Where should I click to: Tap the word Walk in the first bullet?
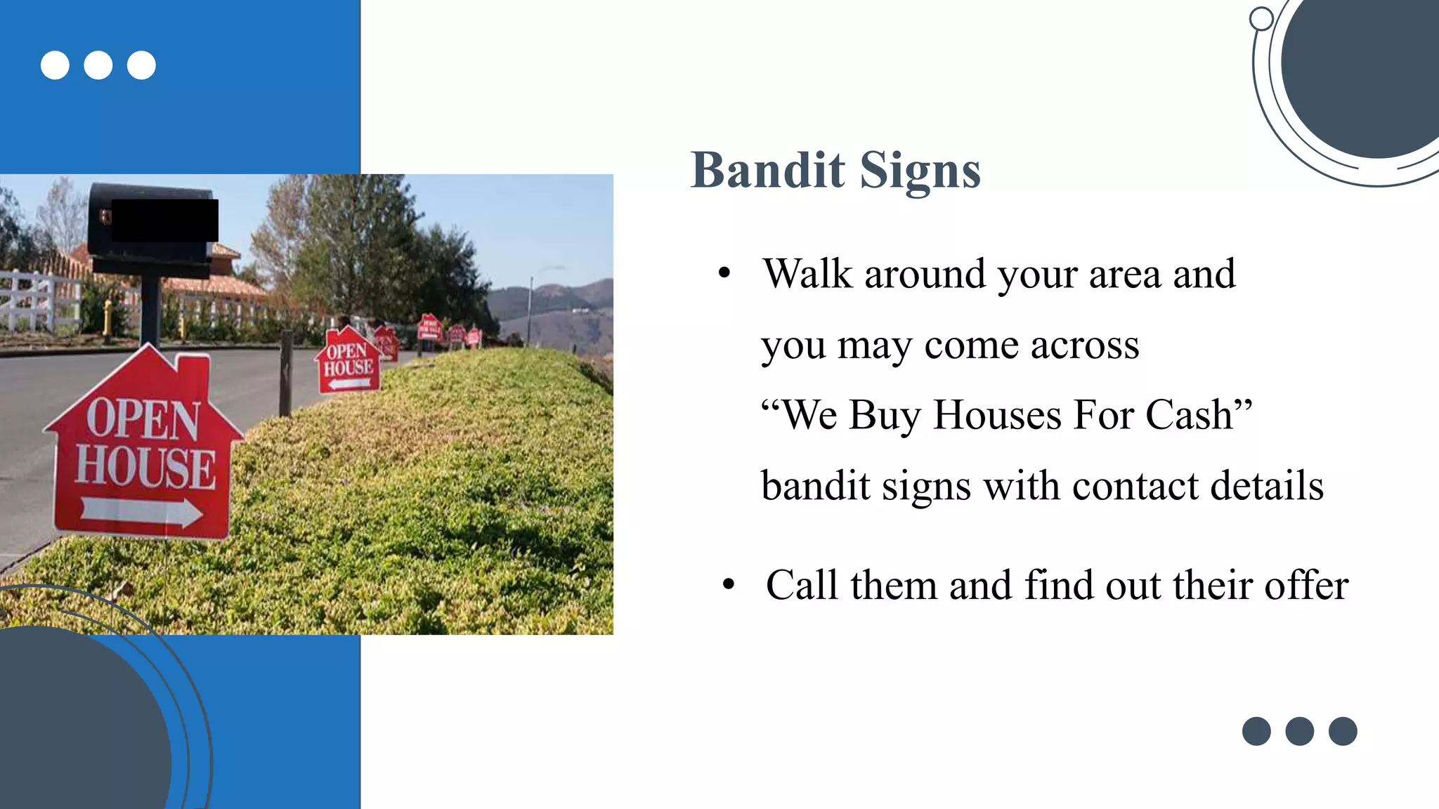(807, 274)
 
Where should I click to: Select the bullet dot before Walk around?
(724, 272)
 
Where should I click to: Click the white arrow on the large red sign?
(141, 511)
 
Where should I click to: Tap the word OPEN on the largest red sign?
(143, 419)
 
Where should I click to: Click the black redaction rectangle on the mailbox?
(165, 220)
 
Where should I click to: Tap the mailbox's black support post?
(149, 309)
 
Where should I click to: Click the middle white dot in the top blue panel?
(98, 65)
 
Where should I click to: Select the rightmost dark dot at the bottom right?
(1342, 731)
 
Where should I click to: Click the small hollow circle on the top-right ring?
(1261, 19)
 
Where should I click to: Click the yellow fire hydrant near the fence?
(108, 316)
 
